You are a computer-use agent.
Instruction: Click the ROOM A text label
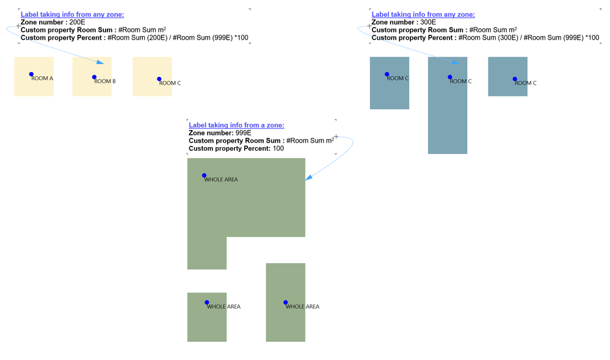(42, 78)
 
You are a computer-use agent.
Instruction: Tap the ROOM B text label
(105, 81)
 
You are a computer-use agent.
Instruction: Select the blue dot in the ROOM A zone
(31, 74)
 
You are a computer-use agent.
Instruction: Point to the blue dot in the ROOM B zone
(94, 77)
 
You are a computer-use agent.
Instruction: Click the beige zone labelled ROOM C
(152, 77)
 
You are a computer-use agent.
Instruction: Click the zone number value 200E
(77, 22)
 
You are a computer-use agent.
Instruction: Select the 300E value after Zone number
(428, 22)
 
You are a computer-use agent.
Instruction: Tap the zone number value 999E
(244, 133)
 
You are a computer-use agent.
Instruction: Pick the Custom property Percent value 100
(278, 148)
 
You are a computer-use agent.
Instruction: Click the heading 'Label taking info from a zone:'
(236, 125)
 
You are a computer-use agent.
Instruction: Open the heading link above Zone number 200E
(73, 15)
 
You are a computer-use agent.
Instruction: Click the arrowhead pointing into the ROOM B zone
(100, 62)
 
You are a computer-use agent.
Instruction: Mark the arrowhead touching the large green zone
(308, 178)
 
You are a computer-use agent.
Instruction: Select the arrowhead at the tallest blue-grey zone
(456, 62)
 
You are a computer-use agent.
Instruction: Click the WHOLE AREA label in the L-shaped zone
(221, 179)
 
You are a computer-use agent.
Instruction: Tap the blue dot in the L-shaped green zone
(204, 176)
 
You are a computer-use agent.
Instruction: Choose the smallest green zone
(207, 317)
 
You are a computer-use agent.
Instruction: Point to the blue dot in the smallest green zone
(206, 303)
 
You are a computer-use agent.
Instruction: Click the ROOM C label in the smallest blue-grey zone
(526, 83)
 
